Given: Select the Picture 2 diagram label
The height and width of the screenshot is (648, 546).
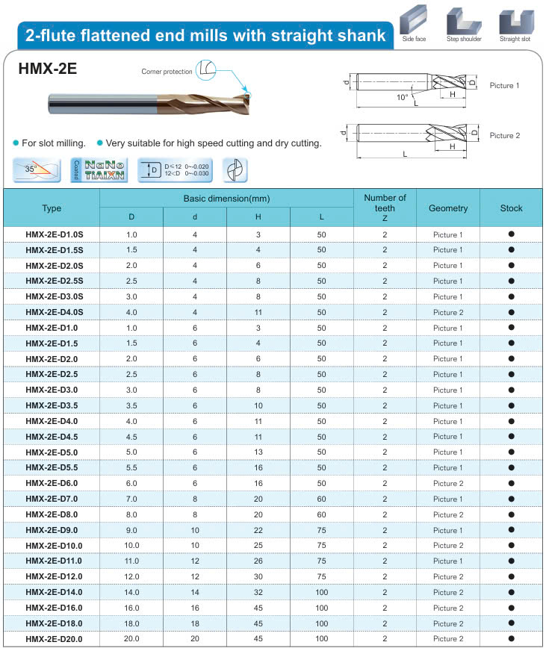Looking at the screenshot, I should (504, 136).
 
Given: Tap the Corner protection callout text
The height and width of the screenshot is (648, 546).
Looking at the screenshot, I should (167, 72).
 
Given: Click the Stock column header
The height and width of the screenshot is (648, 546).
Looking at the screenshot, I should (511, 208).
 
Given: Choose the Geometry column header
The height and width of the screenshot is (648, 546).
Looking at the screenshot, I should (448, 208).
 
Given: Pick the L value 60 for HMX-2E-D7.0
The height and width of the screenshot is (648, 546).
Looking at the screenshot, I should (321, 499).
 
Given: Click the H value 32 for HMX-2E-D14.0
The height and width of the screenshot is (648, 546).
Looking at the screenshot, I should (258, 592).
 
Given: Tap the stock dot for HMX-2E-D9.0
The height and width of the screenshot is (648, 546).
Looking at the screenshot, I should (512, 530).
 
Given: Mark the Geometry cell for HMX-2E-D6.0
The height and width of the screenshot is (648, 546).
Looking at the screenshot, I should (448, 484).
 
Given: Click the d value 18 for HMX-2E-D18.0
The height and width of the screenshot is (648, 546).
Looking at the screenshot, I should (195, 623).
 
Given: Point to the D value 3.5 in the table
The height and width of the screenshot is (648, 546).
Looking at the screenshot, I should (131, 405).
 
